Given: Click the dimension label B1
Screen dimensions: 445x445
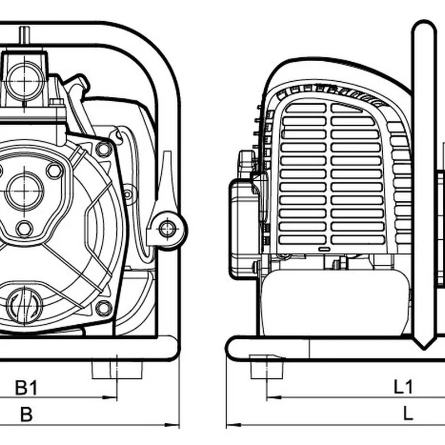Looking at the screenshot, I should [x=26, y=387].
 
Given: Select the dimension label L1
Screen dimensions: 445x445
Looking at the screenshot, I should [x=403, y=387].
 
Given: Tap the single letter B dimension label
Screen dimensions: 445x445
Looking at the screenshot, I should [x=26, y=414].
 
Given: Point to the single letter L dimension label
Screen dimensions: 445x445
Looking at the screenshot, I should [x=408, y=414].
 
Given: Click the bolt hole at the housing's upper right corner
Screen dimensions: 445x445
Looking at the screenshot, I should [x=103, y=149].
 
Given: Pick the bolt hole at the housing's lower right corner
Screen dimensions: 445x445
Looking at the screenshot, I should [x=103, y=307].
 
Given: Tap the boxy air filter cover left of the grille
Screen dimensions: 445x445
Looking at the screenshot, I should [x=243, y=228].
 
